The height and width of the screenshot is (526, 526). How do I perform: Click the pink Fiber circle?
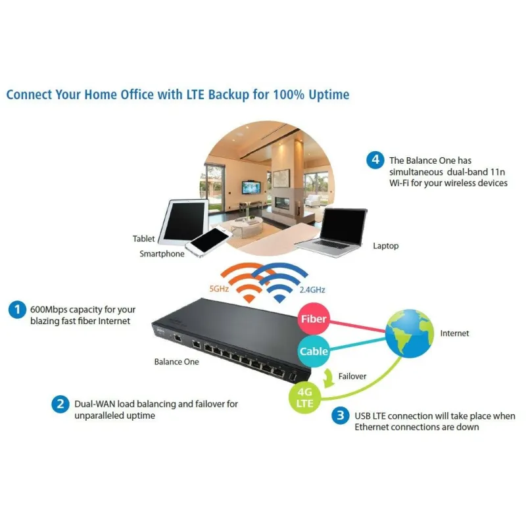[314, 319]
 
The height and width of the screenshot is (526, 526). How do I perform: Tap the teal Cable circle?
[314, 351]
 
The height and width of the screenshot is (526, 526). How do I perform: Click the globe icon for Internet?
[410, 334]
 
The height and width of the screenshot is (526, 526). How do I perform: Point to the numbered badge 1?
[16, 309]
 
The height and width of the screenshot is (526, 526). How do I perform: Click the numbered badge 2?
[60, 404]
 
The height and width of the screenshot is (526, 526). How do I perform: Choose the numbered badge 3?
[340, 416]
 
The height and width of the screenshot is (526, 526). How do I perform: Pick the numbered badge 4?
[374, 160]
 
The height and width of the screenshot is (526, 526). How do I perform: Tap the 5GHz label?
[219, 289]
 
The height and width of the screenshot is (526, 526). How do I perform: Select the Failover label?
[352, 377]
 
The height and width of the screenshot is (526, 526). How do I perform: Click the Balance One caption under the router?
[176, 362]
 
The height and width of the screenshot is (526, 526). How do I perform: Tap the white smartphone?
[208, 241]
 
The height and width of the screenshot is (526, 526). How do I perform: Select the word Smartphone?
[162, 254]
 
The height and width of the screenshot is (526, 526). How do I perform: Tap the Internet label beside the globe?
[454, 333]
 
